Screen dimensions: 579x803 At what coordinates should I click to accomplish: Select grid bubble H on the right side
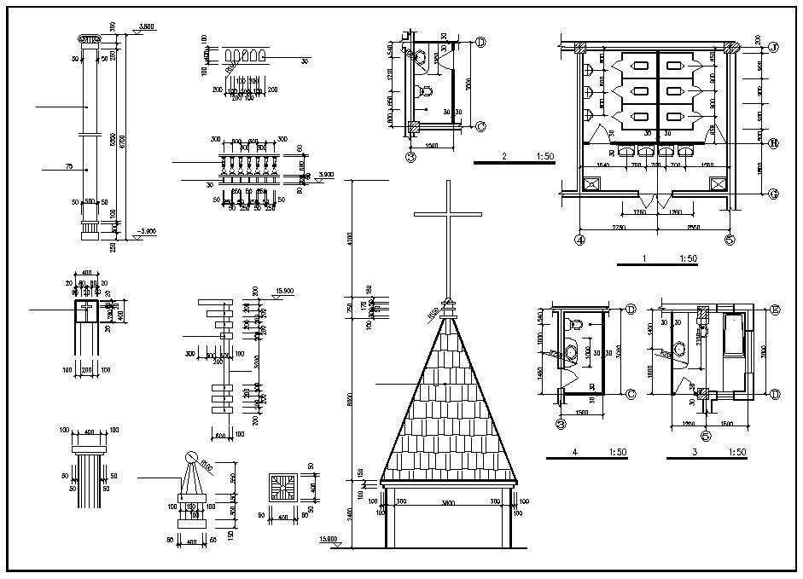point(773,143)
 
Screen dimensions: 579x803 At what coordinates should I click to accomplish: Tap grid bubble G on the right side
point(773,194)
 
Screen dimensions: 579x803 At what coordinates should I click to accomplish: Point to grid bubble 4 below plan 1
point(580,240)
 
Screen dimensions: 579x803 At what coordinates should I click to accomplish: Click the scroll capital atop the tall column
point(89,39)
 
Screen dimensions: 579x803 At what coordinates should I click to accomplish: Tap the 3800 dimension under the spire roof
point(448,503)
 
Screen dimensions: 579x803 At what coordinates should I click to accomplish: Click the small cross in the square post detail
point(85,311)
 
